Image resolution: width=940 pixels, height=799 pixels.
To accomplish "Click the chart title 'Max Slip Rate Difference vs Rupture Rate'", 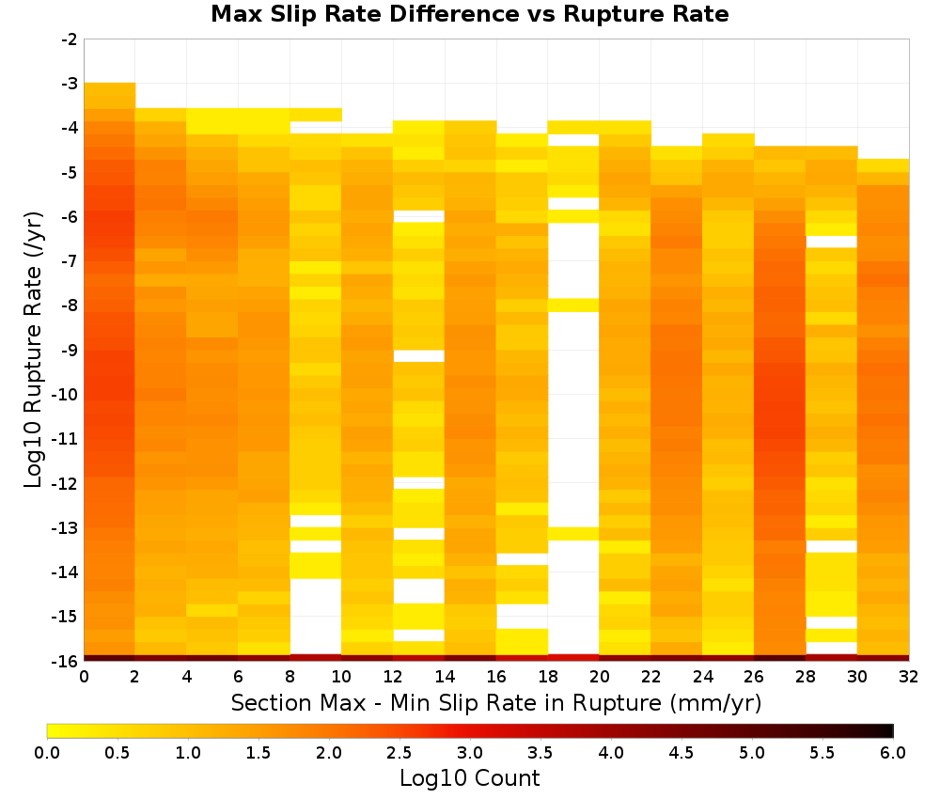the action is click(469, 14).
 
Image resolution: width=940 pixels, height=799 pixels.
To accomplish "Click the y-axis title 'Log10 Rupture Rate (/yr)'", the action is click(33, 350).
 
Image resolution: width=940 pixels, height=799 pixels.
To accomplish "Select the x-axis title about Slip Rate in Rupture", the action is click(495, 702).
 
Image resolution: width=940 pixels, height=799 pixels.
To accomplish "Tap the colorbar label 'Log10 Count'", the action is click(469, 778).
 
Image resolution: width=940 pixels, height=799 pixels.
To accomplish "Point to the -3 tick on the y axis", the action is click(70, 84).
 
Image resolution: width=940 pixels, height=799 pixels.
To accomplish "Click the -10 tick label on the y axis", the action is click(66, 395).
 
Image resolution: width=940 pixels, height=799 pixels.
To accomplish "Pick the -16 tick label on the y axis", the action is click(66, 661).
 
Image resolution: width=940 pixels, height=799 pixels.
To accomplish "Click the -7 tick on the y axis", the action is click(70, 261).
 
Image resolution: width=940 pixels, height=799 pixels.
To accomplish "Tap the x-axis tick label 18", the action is click(548, 677).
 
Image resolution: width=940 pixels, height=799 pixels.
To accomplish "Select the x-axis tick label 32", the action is click(909, 677).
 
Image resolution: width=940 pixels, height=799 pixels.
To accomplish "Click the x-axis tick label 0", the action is click(84, 677).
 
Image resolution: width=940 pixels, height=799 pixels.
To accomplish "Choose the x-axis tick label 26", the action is click(754, 677).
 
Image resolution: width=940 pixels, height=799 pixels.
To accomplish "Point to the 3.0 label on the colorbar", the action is click(470, 752).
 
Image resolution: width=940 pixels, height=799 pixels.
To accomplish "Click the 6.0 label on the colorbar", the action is click(893, 752).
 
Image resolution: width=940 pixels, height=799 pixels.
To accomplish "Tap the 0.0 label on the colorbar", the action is click(47, 752).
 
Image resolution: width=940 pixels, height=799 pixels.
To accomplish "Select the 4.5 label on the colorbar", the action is click(681, 752).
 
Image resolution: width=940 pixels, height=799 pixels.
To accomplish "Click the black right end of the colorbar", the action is click(889, 730).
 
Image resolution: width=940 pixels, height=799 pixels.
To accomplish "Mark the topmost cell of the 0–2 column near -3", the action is click(110, 88).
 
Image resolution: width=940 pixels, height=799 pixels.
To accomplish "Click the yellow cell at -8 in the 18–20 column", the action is click(573, 305).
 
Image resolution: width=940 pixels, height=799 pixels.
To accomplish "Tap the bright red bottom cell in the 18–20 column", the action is click(573, 658).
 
